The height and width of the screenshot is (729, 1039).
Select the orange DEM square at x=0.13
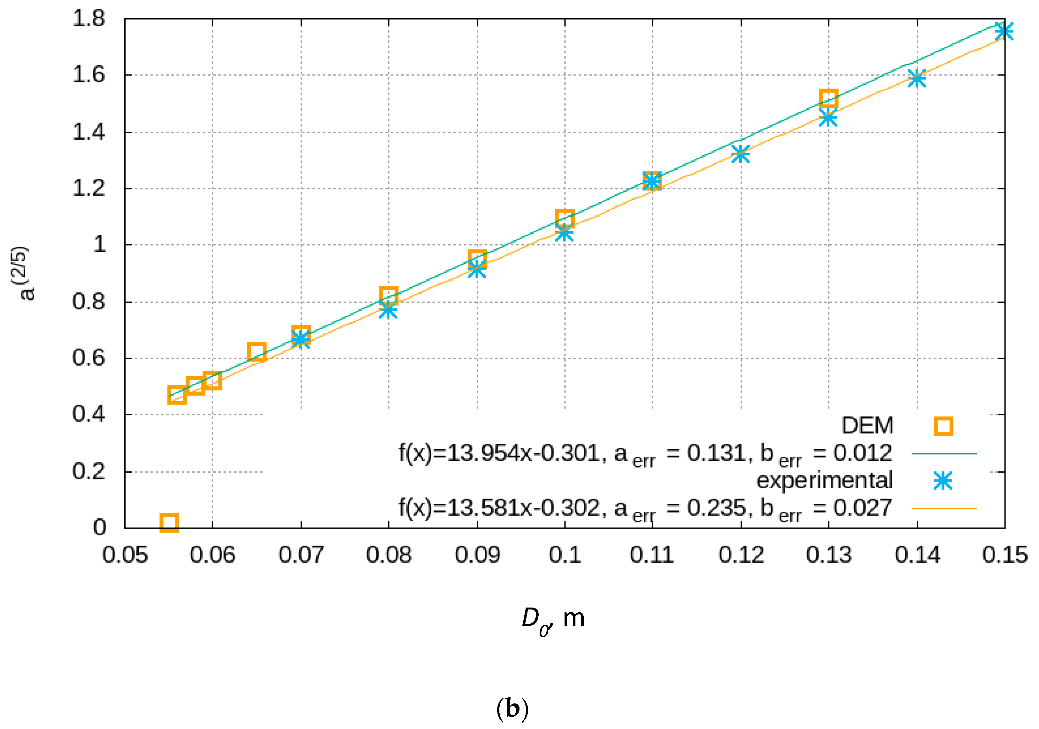(828, 98)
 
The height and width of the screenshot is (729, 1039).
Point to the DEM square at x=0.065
(257, 352)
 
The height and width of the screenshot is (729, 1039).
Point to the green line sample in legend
(944, 453)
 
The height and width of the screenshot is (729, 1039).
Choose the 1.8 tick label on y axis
(89, 19)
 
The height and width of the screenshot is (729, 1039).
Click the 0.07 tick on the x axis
(301, 555)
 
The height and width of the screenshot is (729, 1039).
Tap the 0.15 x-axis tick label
(1004, 555)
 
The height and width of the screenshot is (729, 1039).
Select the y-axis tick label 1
(100, 245)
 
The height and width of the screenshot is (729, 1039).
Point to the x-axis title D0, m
(553, 619)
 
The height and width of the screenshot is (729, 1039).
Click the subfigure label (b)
(512, 709)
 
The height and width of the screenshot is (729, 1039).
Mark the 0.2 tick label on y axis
(89, 472)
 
